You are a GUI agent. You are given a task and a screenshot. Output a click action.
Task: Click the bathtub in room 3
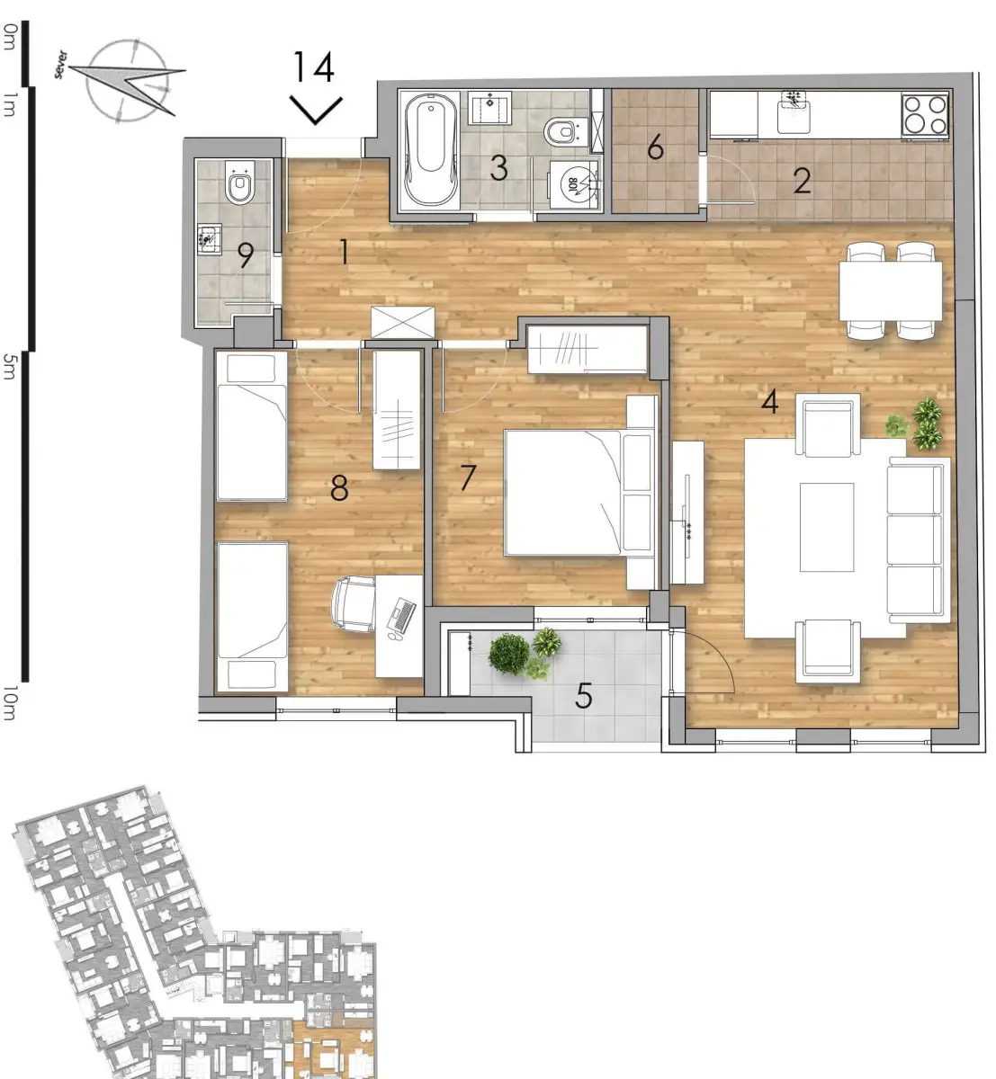430,150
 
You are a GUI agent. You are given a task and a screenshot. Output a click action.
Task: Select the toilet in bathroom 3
562,131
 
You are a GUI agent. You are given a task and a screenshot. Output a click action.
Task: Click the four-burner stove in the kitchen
925,115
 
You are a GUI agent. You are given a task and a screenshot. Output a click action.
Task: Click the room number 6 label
655,147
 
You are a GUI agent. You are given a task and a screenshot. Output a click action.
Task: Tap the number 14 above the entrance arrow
314,67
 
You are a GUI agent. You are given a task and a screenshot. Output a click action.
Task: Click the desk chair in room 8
354,604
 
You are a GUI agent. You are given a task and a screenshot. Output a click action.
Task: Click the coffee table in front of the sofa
827,527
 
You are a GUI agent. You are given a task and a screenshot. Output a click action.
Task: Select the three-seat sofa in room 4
918,539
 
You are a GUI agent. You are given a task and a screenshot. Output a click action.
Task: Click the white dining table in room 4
891,291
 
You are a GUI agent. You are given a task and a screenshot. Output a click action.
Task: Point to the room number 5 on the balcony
584,696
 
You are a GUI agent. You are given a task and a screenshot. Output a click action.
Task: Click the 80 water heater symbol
573,183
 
